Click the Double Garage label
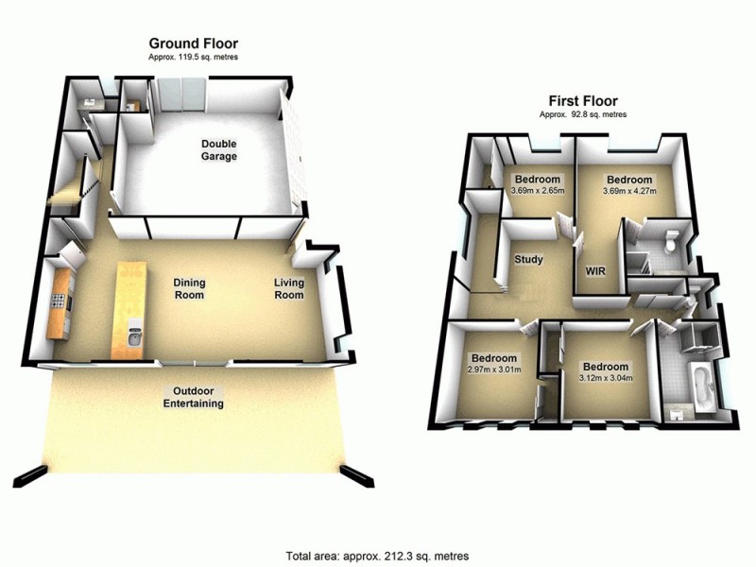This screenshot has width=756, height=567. coord(218,150)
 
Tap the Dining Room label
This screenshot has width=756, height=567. coord(189,288)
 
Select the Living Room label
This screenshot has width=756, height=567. coord(289,288)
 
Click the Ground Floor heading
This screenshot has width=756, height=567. coord(193,43)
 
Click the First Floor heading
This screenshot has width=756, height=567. coord(583,100)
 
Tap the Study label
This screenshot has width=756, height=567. coord(528,260)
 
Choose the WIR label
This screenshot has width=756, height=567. coord(596,271)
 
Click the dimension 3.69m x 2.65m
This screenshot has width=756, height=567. coord(537,191)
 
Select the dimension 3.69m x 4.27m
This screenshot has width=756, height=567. coord(629,191)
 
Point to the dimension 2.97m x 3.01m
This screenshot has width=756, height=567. coord(494,369)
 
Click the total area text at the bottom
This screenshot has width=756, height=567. coord(378,555)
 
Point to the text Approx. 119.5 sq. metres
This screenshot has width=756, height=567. coord(193,58)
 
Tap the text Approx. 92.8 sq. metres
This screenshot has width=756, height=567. coord(583,114)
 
